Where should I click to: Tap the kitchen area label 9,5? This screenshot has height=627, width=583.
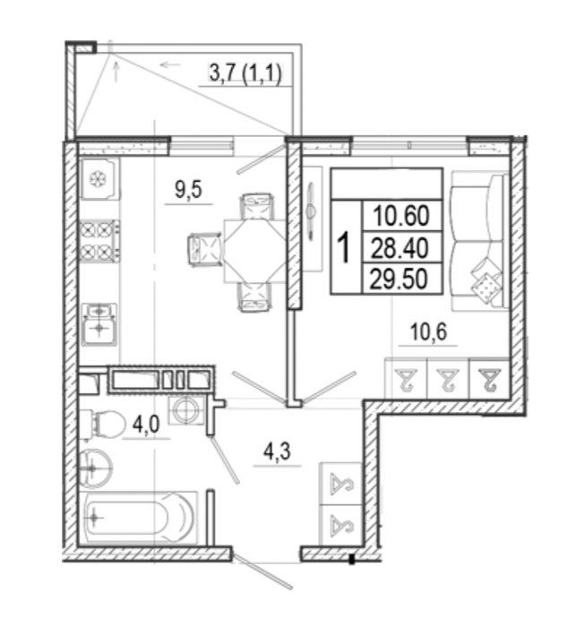click(188, 190)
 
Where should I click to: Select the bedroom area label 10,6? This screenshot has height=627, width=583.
click(428, 331)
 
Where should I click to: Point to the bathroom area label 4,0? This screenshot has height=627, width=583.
click(146, 425)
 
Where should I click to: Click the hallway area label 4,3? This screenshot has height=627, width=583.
click(277, 451)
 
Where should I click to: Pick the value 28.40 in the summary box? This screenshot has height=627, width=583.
click(399, 248)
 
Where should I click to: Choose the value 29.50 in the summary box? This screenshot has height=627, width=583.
click(399, 279)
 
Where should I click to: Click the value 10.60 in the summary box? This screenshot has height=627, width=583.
click(401, 216)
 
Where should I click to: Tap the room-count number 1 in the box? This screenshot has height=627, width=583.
click(344, 248)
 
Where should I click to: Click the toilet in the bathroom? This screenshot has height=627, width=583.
click(102, 425)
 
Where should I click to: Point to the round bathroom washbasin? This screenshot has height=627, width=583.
click(95, 468)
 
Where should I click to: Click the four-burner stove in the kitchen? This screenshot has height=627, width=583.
click(99, 241)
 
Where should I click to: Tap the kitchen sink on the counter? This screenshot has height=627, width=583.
click(99, 324)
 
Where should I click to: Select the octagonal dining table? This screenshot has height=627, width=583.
click(254, 251)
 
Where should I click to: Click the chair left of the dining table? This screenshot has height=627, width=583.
click(205, 250)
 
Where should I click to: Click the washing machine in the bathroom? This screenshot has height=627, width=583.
click(187, 410)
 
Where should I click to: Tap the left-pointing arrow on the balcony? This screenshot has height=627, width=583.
click(170, 64)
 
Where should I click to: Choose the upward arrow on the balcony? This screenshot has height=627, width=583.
click(116, 72)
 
